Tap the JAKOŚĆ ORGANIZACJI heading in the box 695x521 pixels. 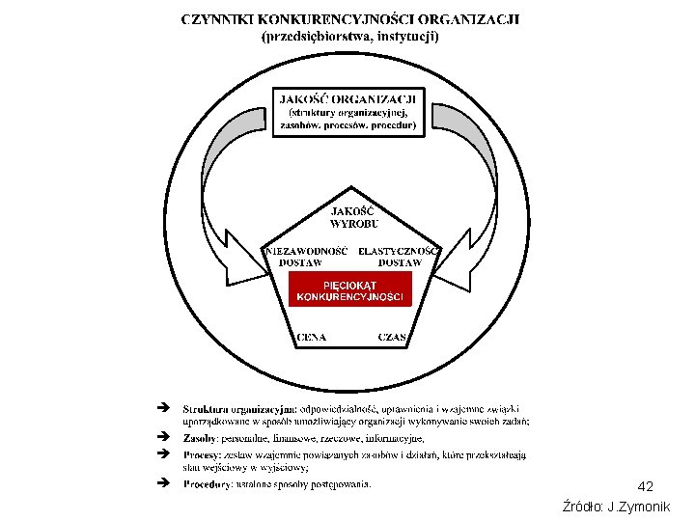click(348, 97)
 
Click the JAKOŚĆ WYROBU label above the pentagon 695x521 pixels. click(349, 217)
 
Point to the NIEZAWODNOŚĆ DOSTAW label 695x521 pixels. click(306, 256)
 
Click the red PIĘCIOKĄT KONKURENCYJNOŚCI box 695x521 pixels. click(349, 290)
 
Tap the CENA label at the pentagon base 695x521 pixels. click(311, 338)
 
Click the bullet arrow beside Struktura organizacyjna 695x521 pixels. click(162, 407)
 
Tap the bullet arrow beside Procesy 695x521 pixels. click(162, 452)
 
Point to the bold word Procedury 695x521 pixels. click(208, 483)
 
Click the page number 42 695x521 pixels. click(646, 486)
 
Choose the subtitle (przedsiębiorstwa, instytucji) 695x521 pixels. click(349, 37)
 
